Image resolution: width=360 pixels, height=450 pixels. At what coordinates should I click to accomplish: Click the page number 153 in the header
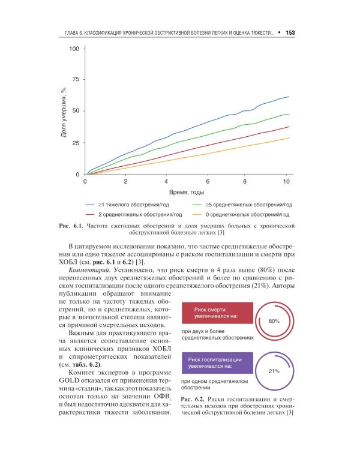(290, 32)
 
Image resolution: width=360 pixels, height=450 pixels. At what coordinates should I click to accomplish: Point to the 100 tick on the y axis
(74, 49)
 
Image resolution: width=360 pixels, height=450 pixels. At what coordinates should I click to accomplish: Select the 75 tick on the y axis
(76, 79)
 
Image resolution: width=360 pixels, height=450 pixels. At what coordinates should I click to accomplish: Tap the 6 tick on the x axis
(208, 181)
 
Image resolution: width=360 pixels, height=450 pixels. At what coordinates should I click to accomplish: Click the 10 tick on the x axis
(286, 181)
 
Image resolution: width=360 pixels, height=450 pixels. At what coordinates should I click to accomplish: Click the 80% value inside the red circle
(275, 322)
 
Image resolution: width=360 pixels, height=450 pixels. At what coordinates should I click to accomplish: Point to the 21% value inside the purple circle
(274, 371)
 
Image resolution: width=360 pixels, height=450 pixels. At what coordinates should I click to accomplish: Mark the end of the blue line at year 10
(289, 97)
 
